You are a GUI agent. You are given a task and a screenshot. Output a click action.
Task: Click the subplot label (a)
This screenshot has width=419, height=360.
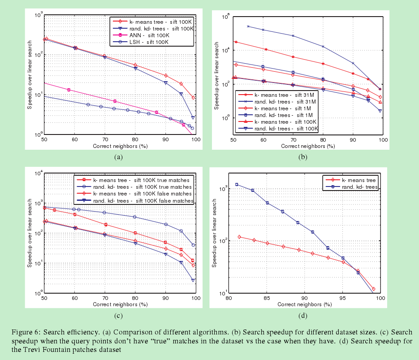pos(118,156)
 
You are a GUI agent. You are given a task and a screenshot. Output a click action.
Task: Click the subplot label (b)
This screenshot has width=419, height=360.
pos(303,156)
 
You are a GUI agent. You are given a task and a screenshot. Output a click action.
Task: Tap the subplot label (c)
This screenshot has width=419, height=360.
pos(118,315)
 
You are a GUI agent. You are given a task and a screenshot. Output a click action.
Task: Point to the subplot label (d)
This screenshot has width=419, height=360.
pos(303,315)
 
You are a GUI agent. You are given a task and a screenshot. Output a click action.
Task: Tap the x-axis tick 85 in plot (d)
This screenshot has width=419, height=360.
pos(267,298)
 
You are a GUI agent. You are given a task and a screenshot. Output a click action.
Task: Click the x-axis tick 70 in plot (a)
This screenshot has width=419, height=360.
pos(105,140)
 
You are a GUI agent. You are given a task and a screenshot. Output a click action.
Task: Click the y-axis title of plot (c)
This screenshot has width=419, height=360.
pos(29,233)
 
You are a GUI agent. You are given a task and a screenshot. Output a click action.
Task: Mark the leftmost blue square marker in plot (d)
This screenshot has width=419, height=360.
pos(237,184)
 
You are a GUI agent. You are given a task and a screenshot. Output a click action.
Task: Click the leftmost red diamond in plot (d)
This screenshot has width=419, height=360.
pos(240,237)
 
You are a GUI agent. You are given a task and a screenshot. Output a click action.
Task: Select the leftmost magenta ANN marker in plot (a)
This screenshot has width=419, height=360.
pos(69,90)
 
